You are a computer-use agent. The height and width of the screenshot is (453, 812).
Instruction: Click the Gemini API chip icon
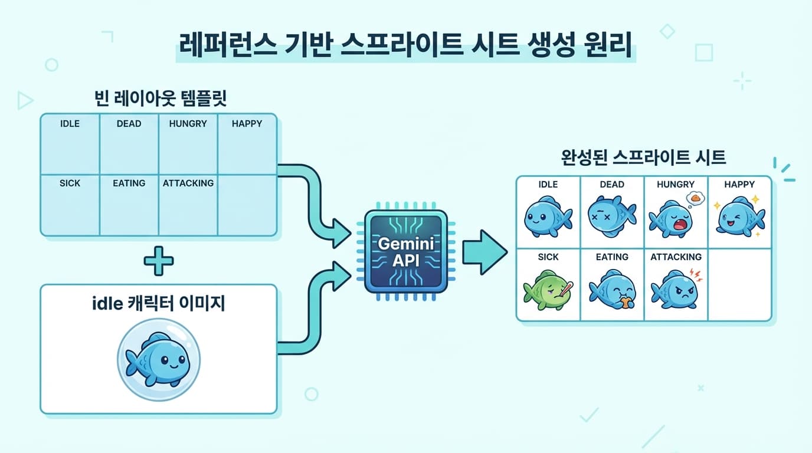pyautogui.click(x=404, y=252)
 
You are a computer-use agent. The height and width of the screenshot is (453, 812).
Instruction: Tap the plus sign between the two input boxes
pyautogui.click(x=159, y=260)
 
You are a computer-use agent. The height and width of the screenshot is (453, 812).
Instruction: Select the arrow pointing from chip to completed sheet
pyautogui.click(x=484, y=252)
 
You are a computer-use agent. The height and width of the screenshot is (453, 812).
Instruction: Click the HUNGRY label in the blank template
pyautogui.click(x=188, y=124)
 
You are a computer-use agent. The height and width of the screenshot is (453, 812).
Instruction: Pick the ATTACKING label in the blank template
pyautogui.click(x=188, y=183)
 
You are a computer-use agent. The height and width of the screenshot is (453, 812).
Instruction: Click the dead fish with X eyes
pyautogui.click(x=611, y=216)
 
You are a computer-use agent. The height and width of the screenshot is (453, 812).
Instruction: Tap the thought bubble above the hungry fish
pyautogui.click(x=695, y=199)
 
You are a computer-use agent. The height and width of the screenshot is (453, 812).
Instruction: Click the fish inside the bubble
pyautogui.click(x=156, y=358)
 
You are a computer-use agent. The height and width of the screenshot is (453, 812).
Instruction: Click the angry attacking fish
pyautogui.click(x=674, y=289)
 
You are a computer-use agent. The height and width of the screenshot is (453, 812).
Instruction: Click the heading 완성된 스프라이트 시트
pyautogui.click(x=643, y=157)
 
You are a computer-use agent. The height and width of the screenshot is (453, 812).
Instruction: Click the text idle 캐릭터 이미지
pyautogui.click(x=159, y=304)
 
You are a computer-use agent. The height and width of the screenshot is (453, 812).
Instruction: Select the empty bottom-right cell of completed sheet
pyautogui.click(x=739, y=284)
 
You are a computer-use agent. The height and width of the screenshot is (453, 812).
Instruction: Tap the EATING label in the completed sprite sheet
pyautogui.click(x=612, y=257)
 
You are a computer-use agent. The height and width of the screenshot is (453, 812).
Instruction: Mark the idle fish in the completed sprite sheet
pyautogui.click(x=548, y=216)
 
